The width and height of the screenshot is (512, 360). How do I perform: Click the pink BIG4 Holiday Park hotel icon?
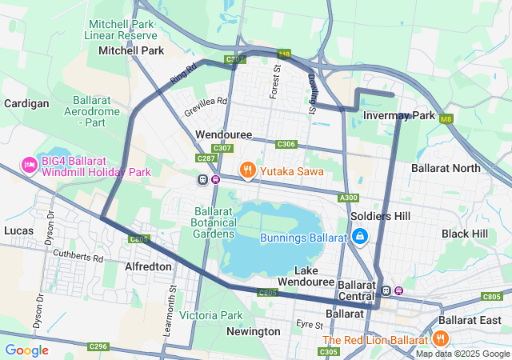(x=30, y=165)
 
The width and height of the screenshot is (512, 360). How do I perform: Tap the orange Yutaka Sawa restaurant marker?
(x=248, y=170)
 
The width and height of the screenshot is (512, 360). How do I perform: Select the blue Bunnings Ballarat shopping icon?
(x=360, y=237)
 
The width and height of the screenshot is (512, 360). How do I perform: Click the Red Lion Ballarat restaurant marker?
(x=440, y=339)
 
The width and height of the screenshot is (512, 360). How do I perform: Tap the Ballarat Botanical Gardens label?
(x=214, y=222)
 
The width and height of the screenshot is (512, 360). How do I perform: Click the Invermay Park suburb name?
(x=398, y=115)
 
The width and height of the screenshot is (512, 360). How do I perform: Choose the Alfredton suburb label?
(x=148, y=266)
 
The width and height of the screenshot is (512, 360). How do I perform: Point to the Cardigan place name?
(x=26, y=103)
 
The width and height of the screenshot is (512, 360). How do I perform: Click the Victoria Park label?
(x=210, y=315)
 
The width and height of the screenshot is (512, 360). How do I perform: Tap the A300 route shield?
(x=349, y=198)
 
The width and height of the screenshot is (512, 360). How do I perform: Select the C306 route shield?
(x=286, y=144)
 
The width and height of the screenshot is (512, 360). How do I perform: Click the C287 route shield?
(x=206, y=158)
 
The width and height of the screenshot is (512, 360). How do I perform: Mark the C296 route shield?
(x=98, y=346)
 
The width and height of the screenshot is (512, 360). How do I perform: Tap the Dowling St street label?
(x=313, y=93)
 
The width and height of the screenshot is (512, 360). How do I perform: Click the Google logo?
(x=26, y=350)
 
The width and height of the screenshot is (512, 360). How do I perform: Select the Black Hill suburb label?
(x=464, y=233)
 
